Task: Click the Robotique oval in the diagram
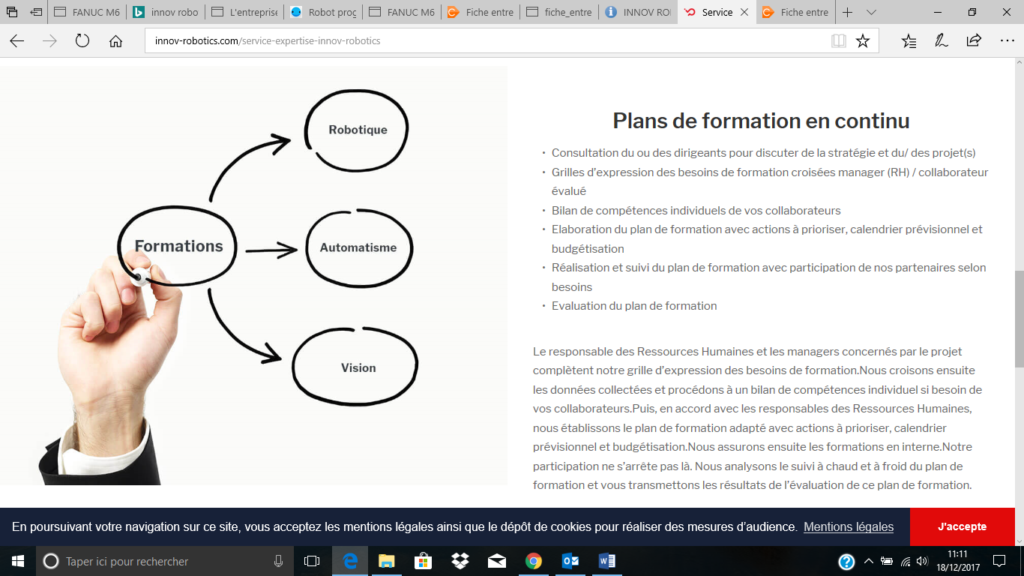click(358, 130)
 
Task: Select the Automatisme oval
click(358, 247)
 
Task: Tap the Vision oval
click(358, 367)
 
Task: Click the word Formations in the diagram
click(178, 246)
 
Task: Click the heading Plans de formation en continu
click(761, 121)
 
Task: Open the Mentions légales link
click(849, 526)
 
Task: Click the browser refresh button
click(82, 41)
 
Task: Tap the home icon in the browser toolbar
click(115, 41)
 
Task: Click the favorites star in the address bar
click(863, 41)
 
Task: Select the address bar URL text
click(268, 41)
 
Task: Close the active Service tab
click(744, 13)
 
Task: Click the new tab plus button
click(847, 13)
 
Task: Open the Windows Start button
click(17, 561)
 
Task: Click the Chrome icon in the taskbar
click(533, 561)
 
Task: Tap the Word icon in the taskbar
click(606, 561)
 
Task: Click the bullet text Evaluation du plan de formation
click(634, 306)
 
